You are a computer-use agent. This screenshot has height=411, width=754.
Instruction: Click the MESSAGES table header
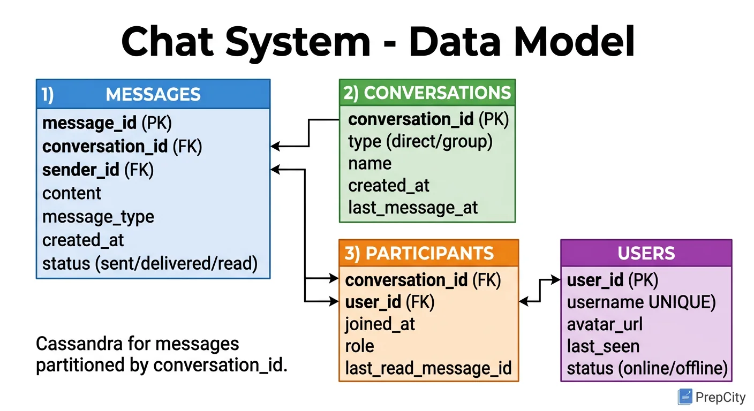click(153, 94)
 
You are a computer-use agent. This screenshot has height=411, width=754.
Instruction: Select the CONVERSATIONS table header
click(427, 93)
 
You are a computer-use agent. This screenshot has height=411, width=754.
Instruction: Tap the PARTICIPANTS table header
click(428, 253)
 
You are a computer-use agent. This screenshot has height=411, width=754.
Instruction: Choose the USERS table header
click(646, 253)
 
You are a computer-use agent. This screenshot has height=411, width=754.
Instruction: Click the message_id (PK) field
click(107, 123)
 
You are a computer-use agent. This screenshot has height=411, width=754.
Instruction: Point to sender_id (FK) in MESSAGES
click(98, 170)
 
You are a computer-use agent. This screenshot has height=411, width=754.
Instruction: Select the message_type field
click(98, 217)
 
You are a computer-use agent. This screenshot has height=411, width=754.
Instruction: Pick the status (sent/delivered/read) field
click(149, 263)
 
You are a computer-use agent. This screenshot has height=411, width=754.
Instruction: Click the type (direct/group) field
click(420, 141)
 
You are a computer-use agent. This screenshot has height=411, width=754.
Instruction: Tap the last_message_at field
click(413, 208)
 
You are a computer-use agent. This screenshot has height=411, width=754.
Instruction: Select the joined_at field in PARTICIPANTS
click(380, 324)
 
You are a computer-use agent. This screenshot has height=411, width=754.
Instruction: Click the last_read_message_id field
click(428, 368)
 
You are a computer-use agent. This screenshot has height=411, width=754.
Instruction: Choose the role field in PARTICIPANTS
click(359, 346)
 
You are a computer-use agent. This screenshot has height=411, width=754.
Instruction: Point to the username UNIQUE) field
click(641, 302)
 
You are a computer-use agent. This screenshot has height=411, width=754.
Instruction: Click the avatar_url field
click(605, 324)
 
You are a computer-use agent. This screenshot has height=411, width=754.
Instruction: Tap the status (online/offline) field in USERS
click(647, 368)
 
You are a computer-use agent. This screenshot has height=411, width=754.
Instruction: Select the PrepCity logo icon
click(684, 397)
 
